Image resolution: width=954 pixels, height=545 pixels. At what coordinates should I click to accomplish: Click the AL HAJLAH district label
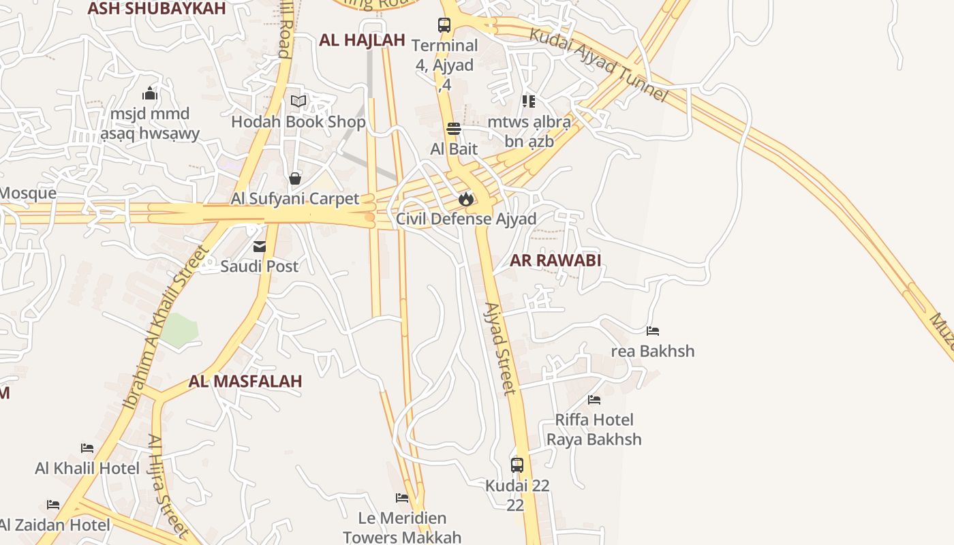click(362, 40)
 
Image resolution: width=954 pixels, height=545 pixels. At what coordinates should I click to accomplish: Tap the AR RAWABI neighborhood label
click(555, 260)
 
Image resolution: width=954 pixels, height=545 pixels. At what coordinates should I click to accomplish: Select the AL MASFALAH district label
click(245, 381)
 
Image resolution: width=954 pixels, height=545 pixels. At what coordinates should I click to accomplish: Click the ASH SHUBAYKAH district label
click(157, 8)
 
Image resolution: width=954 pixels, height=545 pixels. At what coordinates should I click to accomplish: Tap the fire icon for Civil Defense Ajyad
click(466, 199)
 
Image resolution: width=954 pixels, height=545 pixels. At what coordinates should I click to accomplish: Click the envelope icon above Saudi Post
click(260, 247)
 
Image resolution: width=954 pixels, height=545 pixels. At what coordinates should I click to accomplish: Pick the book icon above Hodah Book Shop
click(298, 102)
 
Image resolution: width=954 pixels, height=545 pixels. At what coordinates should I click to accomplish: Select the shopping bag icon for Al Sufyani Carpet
click(295, 179)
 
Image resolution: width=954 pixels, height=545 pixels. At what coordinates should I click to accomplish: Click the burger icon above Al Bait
click(454, 129)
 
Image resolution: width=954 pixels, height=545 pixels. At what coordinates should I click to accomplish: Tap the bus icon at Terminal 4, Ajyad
click(444, 25)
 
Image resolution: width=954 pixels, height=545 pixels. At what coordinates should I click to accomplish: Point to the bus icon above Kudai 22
click(517, 465)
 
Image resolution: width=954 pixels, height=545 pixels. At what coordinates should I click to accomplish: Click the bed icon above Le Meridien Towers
click(402, 498)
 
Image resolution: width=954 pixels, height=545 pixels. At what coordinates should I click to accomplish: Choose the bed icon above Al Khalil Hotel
click(87, 448)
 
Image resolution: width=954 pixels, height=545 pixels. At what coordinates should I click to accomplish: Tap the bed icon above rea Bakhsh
click(653, 331)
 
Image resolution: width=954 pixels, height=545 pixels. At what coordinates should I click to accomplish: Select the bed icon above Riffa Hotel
click(594, 400)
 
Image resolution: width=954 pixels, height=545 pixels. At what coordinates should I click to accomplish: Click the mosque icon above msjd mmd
click(150, 93)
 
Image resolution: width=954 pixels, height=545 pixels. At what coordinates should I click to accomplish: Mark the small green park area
click(179, 330)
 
